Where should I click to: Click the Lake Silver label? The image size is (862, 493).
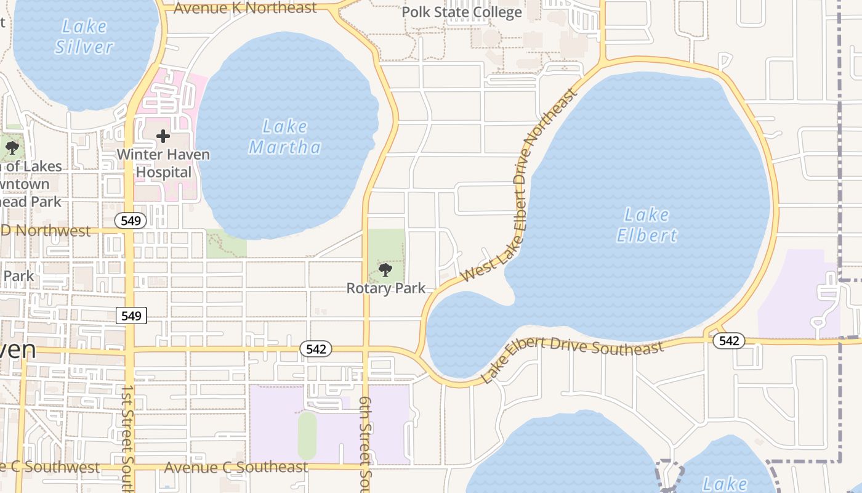point(84,36)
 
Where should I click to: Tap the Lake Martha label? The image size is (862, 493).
point(284,137)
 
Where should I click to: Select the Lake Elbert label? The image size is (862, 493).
point(646,225)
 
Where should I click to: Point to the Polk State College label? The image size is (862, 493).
point(461,12)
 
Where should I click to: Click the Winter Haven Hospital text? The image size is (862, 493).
point(163,163)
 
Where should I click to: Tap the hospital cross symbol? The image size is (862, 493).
point(163,136)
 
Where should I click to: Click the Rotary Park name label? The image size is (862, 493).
point(386,288)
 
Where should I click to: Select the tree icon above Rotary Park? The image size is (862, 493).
point(385,270)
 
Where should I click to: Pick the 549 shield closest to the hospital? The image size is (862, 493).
point(131,220)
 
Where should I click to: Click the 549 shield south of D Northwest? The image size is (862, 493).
point(131,316)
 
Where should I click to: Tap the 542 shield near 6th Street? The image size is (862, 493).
point(316,349)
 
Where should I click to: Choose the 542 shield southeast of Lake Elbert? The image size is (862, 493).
point(729,341)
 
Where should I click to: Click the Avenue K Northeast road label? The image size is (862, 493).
point(245,8)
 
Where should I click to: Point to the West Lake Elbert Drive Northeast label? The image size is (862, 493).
point(520,184)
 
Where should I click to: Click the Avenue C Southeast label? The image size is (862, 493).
point(236,467)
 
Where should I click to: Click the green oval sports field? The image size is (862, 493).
point(307,436)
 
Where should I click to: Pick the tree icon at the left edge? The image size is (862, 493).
point(12,148)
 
